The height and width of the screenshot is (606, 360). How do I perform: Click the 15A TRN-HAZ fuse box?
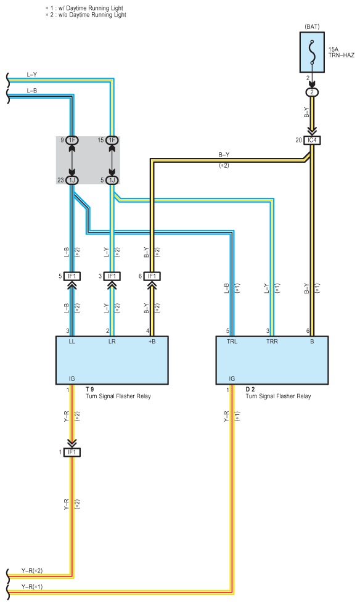pyautogui.click(x=312, y=52)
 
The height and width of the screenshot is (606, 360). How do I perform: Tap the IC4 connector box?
pyautogui.click(x=312, y=141)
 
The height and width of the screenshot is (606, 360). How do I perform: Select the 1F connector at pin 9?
pyautogui.click(x=72, y=141)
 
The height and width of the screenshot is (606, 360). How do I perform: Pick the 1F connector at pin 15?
pyautogui.click(x=112, y=141)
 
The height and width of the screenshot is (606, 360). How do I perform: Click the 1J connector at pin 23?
pyautogui.click(x=72, y=180)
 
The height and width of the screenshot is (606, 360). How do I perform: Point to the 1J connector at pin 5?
pyautogui.click(x=112, y=180)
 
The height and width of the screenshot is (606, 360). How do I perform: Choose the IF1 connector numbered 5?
pyautogui.click(x=72, y=276)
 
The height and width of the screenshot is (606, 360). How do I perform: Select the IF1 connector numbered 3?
pyautogui.click(x=112, y=276)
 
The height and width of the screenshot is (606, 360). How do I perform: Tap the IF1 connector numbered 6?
pyautogui.click(x=152, y=276)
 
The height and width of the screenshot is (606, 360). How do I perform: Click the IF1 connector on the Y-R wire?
pyautogui.click(x=72, y=452)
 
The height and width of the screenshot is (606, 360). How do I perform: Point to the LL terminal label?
pyautogui.click(x=72, y=342)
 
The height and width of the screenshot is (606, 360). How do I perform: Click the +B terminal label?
pyautogui.click(x=152, y=342)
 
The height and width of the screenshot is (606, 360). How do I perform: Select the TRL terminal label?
pyautogui.click(x=232, y=342)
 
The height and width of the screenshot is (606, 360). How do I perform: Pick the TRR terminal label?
pyautogui.click(x=272, y=342)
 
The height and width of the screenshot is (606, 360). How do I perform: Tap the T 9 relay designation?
pyautogui.click(x=89, y=390)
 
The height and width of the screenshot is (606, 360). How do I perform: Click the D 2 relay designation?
pyautogui.click(x=250, y=390)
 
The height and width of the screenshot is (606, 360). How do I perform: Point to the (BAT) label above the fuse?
pyautogui.click(x=312, y=27)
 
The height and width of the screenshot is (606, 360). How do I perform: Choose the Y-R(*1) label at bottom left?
pyautogui.click(x=32, y=587)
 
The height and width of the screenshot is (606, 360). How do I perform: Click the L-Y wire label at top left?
pyautogui.click(x=32, y=75)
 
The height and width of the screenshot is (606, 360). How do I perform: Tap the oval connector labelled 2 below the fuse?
pyautogui.click(x=312, y=92)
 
